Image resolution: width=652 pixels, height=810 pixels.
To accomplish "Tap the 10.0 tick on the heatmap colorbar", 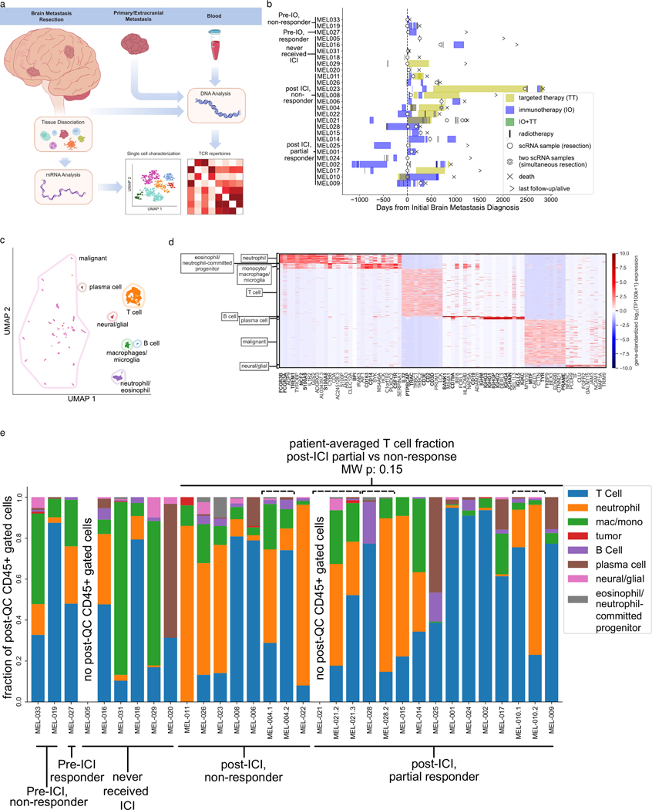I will [x=619, y=253].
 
